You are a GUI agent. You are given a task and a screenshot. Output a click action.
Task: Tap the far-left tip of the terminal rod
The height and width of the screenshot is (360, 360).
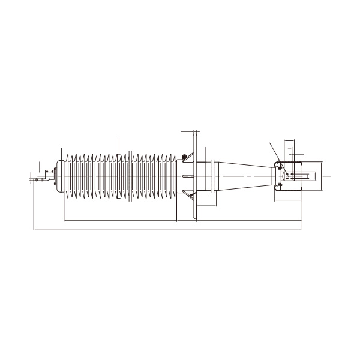[30, 178]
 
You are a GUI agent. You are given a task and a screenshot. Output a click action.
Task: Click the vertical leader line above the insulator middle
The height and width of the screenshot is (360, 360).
[119, 146]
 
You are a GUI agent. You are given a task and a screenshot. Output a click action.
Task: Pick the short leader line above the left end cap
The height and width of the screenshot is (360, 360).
[39, 164]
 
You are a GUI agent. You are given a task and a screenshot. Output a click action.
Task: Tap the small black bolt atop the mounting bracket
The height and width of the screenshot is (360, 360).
[183, 158]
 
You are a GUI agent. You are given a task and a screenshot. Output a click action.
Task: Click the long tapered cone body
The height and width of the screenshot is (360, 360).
[246, 175]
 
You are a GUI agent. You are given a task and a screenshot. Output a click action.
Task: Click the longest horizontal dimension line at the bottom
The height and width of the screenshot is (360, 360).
[168, 229]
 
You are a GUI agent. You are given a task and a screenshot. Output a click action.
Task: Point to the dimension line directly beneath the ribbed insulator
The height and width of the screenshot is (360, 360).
[120, 221]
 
